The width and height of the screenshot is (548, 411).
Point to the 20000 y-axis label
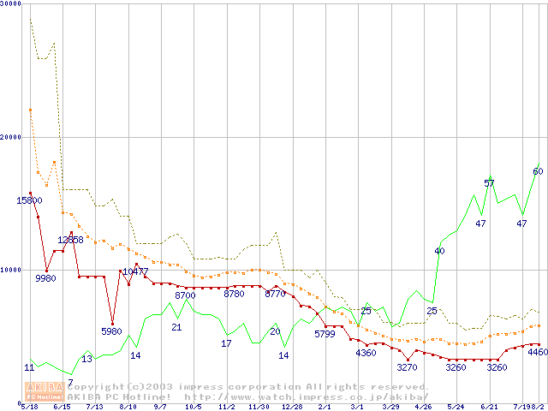10,137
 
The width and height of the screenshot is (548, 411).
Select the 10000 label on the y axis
10,270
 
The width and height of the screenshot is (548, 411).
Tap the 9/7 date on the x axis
160,407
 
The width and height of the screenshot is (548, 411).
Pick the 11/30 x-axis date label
259,407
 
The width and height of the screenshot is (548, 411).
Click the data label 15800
30,200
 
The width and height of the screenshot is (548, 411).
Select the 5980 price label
112,331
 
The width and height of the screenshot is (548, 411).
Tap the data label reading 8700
185,295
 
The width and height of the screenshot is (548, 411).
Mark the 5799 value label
325,334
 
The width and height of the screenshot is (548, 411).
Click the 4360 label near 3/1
366,353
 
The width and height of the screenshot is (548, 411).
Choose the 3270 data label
407,367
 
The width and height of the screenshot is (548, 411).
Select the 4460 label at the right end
538,352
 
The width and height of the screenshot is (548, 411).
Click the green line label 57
489,183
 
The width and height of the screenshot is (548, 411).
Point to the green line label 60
538,171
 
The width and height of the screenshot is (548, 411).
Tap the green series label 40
439,251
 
